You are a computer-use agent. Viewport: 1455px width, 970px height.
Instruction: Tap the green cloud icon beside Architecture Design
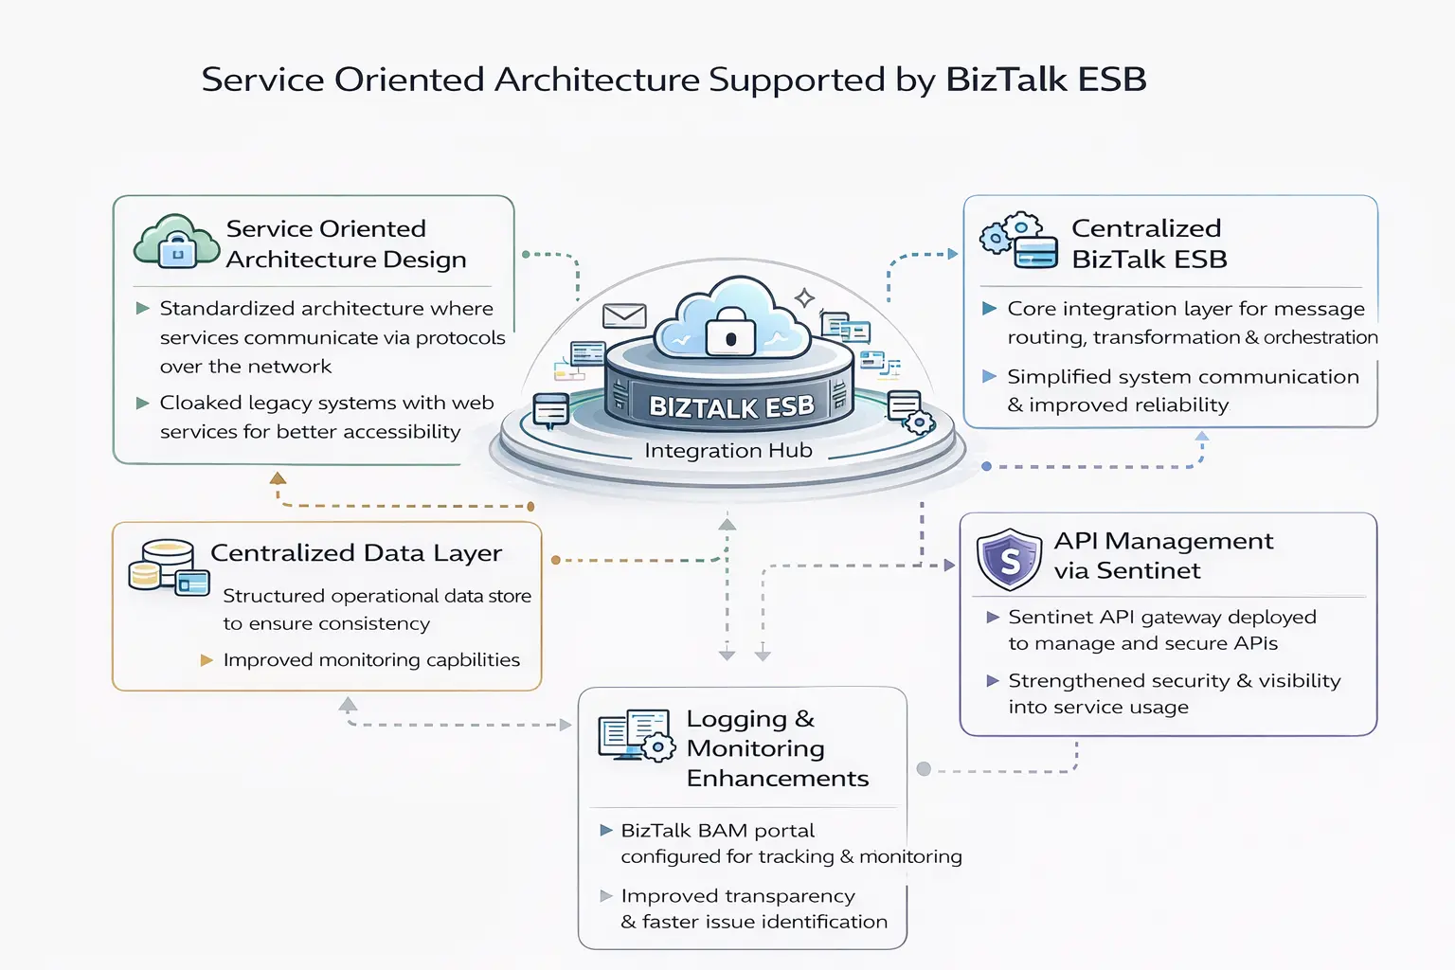tap(176, 242)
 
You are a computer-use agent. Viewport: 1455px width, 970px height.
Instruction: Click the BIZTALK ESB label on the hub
tap(730, 407)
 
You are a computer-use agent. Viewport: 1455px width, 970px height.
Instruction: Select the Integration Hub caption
tap(727, 451)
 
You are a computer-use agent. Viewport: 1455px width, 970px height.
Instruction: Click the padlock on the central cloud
tap(730, 332)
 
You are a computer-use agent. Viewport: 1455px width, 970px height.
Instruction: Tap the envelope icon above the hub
tap(624, 315)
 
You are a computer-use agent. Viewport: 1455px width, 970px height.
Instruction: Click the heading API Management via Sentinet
tap(1162, 555)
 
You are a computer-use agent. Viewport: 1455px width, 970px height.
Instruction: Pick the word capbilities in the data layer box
tap(473, 660)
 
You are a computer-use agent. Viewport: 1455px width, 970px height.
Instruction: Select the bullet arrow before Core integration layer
tap(989, 309)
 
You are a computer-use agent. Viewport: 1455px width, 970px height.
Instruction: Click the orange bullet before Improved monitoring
tap(207, 660)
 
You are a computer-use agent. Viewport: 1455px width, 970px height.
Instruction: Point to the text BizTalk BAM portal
tap(717, 831)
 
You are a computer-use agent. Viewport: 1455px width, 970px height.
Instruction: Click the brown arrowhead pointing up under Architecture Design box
tap(278, 478)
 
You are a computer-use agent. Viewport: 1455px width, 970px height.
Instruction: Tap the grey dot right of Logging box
tap(924, 769)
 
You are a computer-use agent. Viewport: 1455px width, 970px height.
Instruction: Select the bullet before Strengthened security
tap(993, 681)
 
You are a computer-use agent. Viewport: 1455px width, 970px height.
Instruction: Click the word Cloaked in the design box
tap(201, 404)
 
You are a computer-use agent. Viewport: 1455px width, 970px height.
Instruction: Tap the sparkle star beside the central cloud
tap(804, 298)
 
